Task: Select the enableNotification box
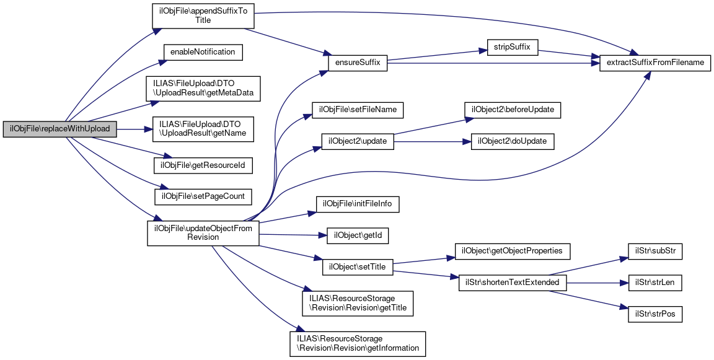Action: coord(203,52)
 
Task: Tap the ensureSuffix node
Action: coord(358,63)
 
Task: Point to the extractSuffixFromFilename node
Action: coord(654,63)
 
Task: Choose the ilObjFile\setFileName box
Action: coord(358,110)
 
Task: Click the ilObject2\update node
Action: coord(358,141)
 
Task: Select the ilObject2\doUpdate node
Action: coord(512,141)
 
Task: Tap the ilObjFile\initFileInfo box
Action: coord(358,204)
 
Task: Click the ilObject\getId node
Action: coord(357,235)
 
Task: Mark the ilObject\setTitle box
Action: coord(358,267)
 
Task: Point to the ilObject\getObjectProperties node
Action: coord(513,251)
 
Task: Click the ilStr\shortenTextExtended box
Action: coord(512,283)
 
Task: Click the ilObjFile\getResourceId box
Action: coord(203,165)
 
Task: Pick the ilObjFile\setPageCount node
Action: coord(203,196)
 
